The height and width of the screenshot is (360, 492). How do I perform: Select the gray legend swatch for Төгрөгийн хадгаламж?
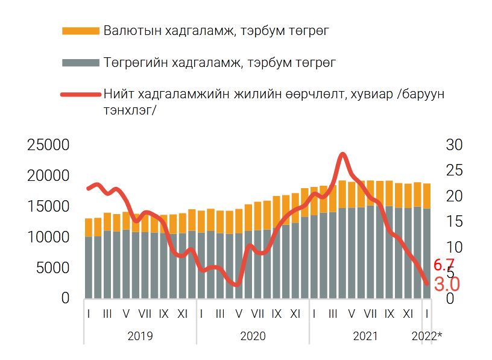click(x=80, y=63)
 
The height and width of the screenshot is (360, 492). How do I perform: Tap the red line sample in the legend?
click(x=80, y=95)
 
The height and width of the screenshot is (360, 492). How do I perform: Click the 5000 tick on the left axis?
click(x=52, y=268)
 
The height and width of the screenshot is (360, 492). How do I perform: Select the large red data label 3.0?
click(x=447, y=283)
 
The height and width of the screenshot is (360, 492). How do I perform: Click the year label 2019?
click(x=140, y=336)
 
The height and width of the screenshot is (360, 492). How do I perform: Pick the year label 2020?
click(x=253, y=336)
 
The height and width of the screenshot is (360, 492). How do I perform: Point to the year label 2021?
click(x=365, y=336)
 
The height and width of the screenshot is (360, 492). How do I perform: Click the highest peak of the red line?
click(x=342, y=154)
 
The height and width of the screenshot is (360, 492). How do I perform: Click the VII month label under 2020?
click(x=257, y=314)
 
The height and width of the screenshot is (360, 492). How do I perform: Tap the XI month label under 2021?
click(x=408, y=314)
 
